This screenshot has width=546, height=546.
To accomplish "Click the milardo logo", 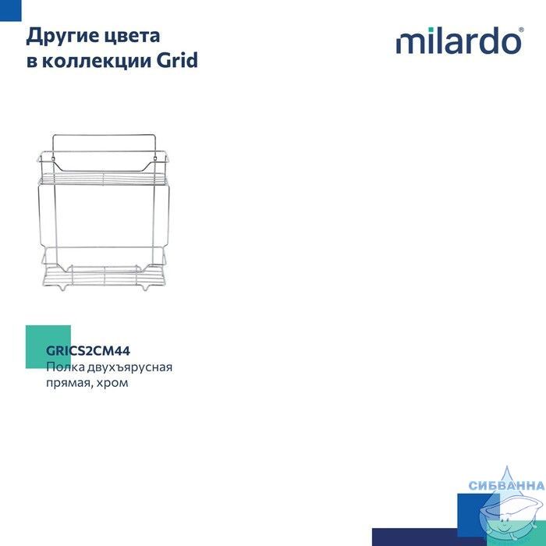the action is coord(459,41).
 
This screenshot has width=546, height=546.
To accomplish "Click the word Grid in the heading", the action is coord(177,60).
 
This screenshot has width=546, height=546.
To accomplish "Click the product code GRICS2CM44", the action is coord(88,351).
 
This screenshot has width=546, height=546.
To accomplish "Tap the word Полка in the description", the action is coord(66,367).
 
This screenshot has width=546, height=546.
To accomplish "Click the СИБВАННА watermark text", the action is coord(507,485).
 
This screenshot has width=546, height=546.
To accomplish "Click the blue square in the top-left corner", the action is coord(10,10).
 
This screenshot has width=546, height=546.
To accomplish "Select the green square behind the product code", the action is coord(48,347).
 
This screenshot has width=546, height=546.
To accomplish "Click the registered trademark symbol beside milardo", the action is coord(521,30).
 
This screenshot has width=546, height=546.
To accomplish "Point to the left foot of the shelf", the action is coord(62,288).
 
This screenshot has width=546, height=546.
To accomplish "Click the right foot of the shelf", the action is coord(146,288).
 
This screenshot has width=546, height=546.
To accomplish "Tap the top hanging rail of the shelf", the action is coord(104,135).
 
